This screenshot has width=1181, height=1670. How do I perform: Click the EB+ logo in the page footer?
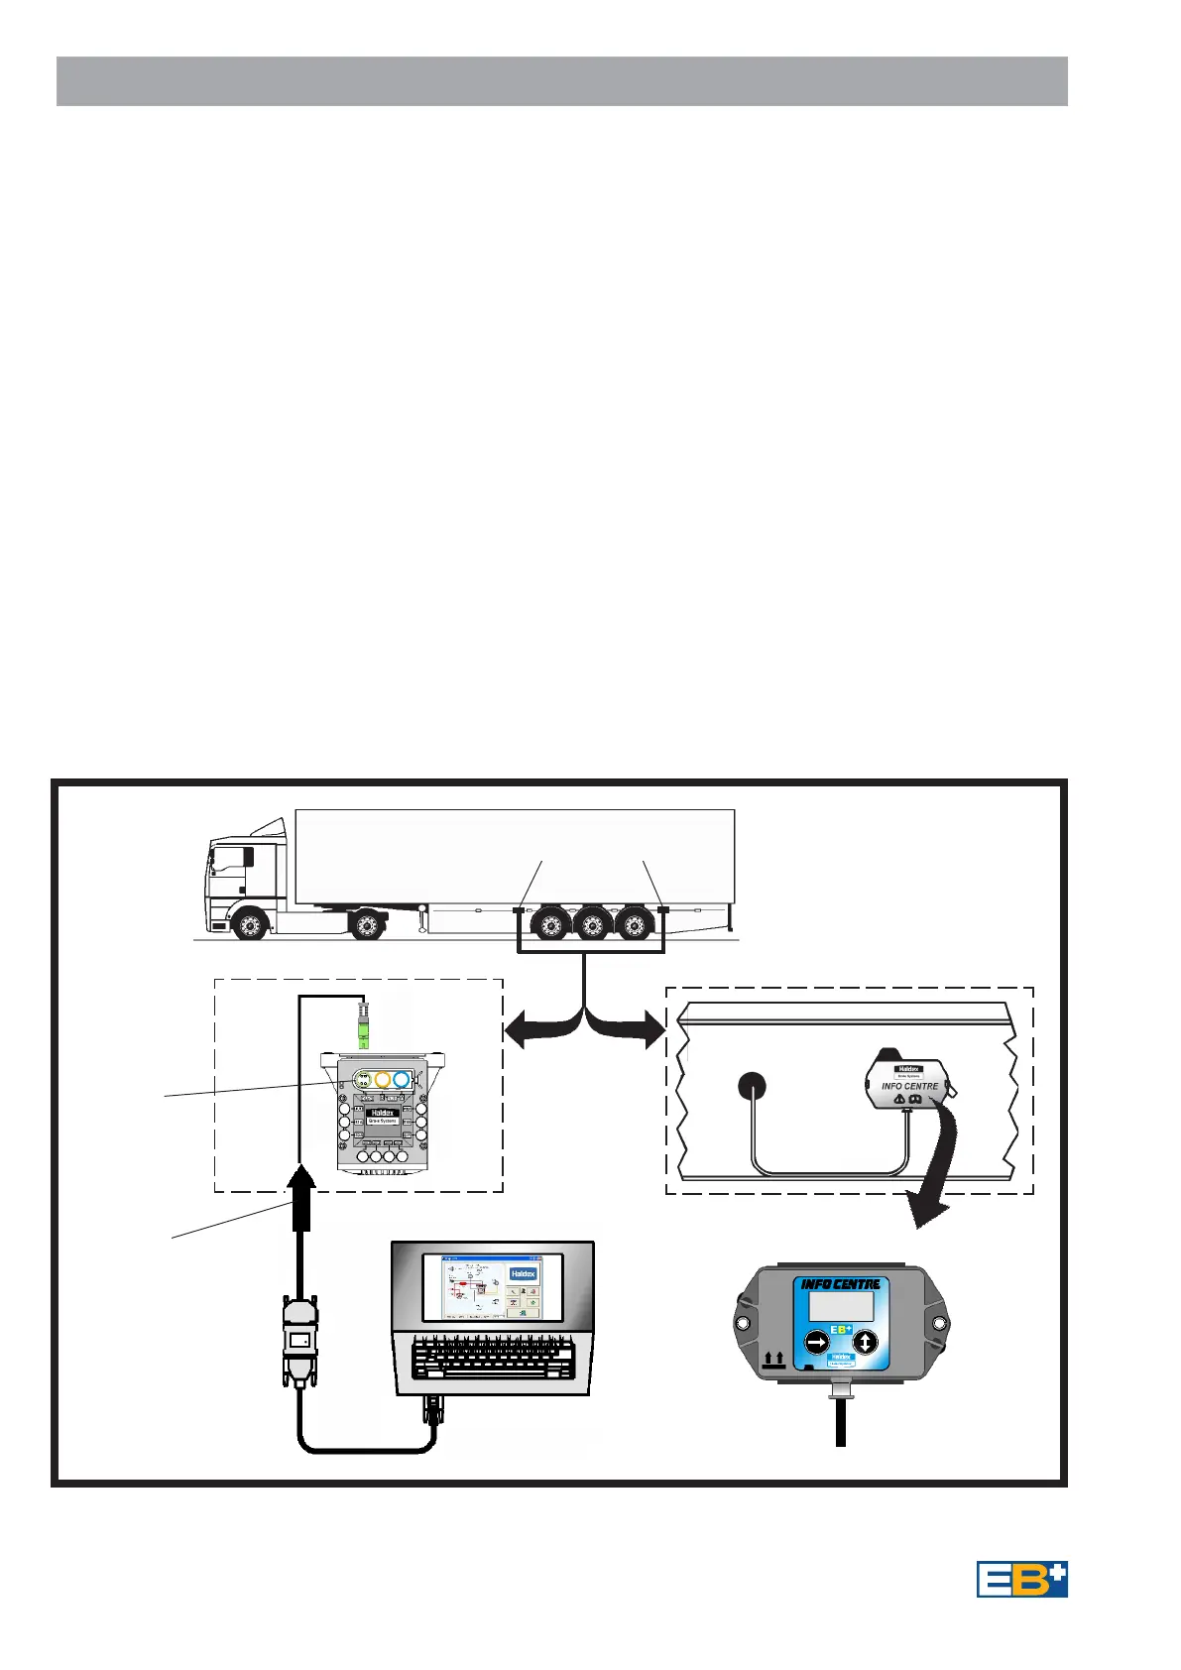[x=1021, y=1579]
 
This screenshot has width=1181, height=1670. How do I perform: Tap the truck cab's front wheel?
[x=250, y=925]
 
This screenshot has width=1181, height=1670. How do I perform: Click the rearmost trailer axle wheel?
[x=635, y=925]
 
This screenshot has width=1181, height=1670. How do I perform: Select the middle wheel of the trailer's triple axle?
[x=592, y=925]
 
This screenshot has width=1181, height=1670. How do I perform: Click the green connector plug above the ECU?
[x=364, y=1026]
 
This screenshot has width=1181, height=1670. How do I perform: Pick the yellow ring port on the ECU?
[x=383, y=1080]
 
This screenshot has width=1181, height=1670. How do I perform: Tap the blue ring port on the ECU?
[x=402, y=1080]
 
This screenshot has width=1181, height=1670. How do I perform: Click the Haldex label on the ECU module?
[x=382, y=1113]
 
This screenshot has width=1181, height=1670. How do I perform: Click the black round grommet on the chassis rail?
[x=753, y=1086]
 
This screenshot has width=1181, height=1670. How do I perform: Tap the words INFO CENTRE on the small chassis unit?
[x=909, y=1086]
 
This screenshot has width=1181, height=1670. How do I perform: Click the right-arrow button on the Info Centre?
[x=817, y=1342]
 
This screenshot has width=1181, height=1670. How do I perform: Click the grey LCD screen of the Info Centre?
[x=841, y=1305]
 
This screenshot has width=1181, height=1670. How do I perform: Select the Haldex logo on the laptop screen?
[x=523, y=1273]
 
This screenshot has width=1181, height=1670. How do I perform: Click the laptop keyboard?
[x=493, y=1358]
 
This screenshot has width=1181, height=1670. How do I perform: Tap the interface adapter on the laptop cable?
[x=299, y=1341]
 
